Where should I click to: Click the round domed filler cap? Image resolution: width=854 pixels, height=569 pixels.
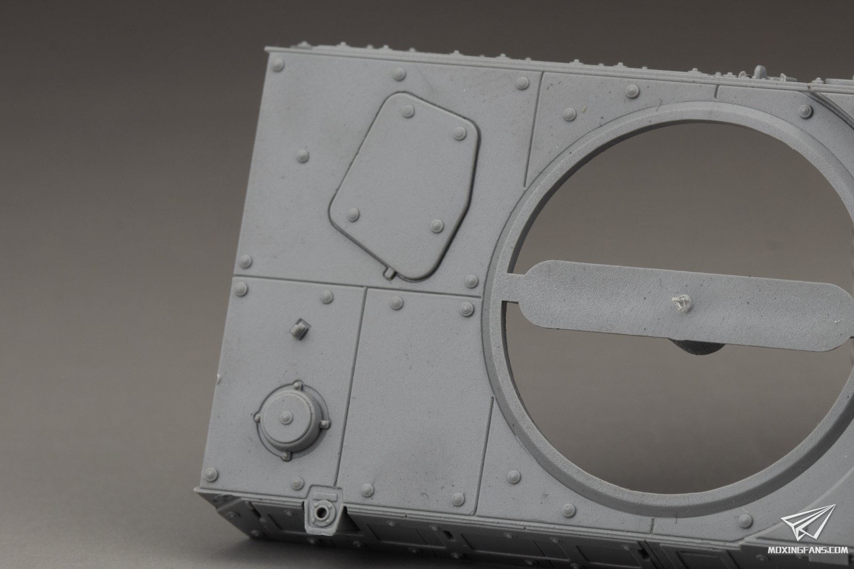point(292,420)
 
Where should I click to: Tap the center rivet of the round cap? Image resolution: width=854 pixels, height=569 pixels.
point(286,418)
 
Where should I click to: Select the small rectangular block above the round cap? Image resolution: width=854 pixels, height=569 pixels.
point(300,328)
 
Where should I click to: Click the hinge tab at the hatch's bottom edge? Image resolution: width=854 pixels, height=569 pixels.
point(389,273)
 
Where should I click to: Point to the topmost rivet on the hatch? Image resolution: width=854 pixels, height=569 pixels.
point(408,111)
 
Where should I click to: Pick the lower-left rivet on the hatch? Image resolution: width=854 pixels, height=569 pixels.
point(353,215)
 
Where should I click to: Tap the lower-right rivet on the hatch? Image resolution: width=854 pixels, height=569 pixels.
point(437,226)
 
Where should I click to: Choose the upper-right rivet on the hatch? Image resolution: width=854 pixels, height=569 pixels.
point(460,133)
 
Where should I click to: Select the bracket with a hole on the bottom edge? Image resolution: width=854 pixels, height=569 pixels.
point(323,508)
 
